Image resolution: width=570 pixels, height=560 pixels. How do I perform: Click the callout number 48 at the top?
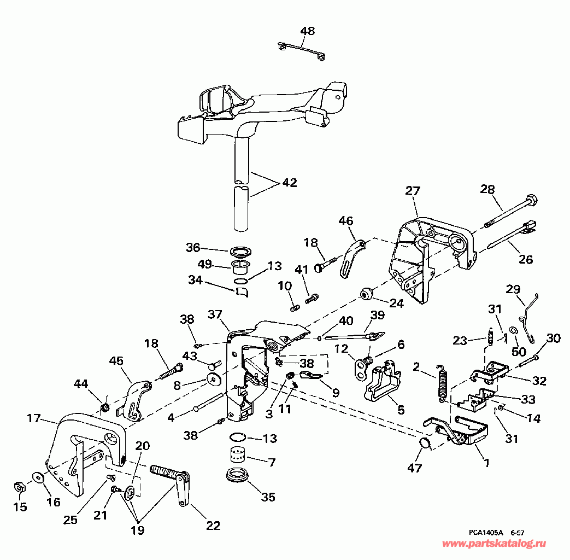(x=308, y=31)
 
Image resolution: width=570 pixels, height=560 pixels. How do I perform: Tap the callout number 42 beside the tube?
(x=290, y=182)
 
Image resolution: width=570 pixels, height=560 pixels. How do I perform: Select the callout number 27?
(x=413, y=191)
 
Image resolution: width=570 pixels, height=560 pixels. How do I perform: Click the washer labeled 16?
(x=38, y=476)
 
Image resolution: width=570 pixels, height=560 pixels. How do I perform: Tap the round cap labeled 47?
(x=424, y=444)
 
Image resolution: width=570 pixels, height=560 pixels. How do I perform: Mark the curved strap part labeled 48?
(x=301, y=50)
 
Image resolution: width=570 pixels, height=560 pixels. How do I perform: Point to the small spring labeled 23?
(x=490, y=336)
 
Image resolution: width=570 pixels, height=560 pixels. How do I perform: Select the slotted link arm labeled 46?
(x=352, y=258)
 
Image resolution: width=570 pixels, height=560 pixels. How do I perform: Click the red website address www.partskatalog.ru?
(x=494, y=544)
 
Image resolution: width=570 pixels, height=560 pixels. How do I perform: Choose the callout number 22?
(x=213, y=526)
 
